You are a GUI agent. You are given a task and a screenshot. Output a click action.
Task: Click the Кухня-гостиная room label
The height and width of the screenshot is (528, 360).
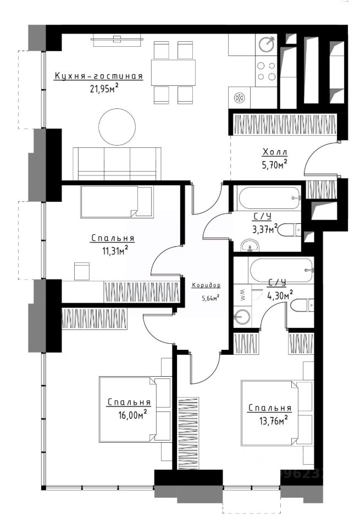[98, 76]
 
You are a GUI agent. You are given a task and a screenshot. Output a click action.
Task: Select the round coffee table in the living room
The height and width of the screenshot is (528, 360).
[117, 127]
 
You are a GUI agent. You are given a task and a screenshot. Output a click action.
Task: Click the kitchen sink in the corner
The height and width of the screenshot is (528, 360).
[267, 45]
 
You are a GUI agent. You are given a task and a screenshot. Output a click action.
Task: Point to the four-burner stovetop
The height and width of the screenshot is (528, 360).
[266, 71]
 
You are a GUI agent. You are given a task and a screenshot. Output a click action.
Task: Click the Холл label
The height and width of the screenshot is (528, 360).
[275, 152]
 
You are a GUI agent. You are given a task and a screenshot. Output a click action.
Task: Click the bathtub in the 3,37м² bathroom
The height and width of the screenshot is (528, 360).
[268, 197]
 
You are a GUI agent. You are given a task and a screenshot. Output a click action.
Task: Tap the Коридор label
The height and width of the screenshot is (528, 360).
[206, 285]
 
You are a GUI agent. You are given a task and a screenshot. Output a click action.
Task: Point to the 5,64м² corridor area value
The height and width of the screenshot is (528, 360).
[211, 298]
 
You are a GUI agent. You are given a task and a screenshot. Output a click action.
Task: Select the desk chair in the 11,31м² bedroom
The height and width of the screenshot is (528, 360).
[82, 271]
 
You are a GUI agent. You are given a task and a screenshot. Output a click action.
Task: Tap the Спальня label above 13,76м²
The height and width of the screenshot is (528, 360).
[269, 408]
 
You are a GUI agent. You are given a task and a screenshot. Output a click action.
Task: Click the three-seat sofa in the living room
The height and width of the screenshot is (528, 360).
[117, 164]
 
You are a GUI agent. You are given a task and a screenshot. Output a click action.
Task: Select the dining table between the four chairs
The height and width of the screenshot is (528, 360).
[173, 73]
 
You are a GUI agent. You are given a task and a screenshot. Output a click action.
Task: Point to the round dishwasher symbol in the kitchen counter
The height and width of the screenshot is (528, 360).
[239, 98]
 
